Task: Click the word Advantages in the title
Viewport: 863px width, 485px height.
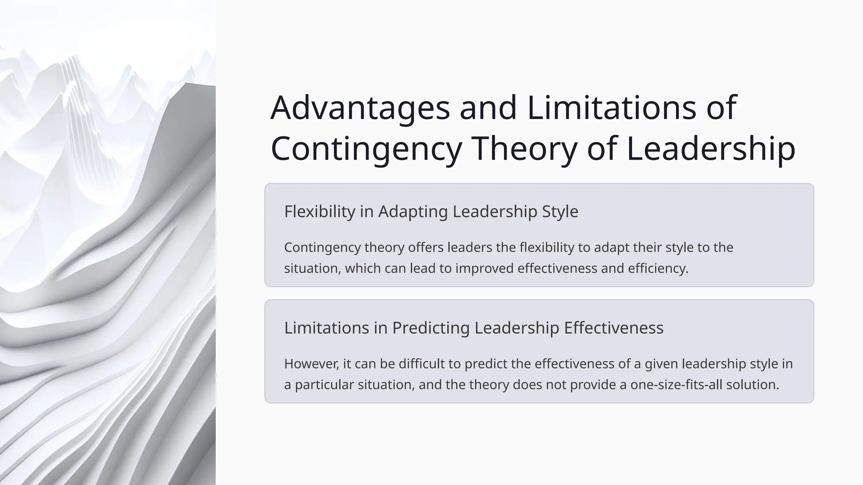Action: point(360,108)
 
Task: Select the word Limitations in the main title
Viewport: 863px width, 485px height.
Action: point(611,108)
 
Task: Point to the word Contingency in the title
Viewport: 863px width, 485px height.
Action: point(366,149)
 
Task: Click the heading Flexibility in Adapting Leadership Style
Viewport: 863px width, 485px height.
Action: point(431,211)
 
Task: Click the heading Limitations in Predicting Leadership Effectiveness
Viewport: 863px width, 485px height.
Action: point(474,328)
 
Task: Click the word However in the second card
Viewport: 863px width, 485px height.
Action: point(311,364)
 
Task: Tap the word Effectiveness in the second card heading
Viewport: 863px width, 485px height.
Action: point(614,328)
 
